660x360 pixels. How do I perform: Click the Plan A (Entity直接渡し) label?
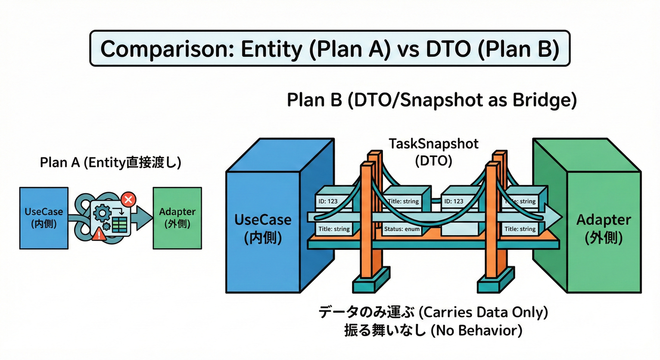pyautogui.click(x=110, y=163)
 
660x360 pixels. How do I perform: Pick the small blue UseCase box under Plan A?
pyautogui.click(x=44, y=218)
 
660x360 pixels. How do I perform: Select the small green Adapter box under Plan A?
pyautogui.click(x=177, y=218)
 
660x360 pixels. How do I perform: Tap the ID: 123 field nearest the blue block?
pyautogui.click(x=328, y=201)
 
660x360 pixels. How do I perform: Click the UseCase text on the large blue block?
pyautogui.click(x=263, y=219)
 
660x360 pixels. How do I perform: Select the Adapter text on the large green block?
pyautogui.click(x=604, y=219)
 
